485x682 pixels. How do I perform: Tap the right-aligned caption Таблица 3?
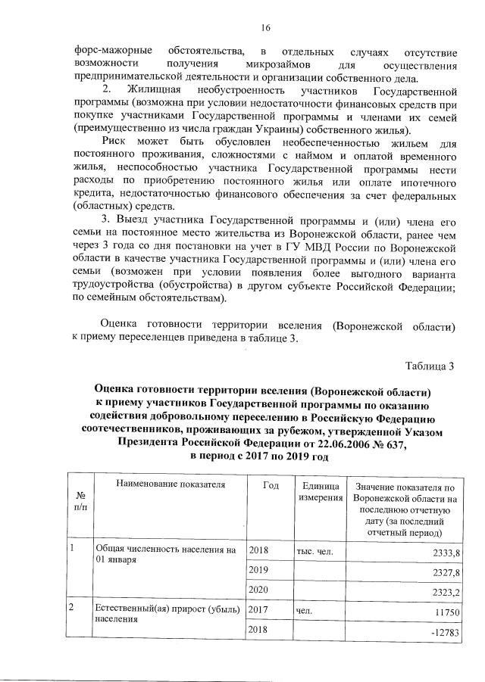point(430,367)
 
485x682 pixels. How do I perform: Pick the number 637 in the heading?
point(393,444)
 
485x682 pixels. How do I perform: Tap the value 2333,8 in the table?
point(445,553)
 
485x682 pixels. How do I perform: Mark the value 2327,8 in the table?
point(445,572)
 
